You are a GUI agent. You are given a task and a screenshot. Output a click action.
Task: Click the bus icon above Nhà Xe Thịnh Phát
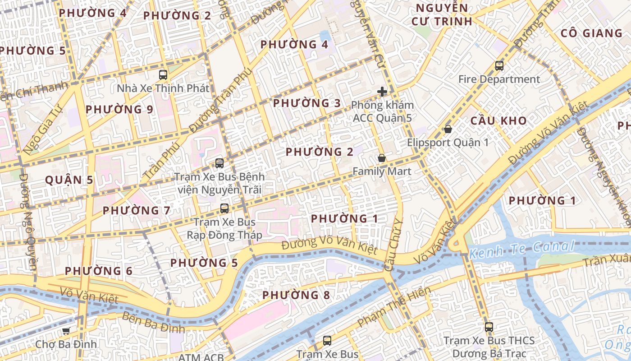click(163, 75)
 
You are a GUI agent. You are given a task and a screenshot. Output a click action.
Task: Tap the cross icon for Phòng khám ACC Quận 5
click(382, 92)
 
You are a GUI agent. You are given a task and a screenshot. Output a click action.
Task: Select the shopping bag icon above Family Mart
click(382, 158)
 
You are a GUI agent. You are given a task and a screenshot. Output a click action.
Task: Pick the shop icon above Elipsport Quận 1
click(448, 129)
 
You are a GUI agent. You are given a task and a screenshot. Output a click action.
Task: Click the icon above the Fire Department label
click(499, 66)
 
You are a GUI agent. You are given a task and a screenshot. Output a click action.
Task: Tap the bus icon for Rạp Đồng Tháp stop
click(224, 208)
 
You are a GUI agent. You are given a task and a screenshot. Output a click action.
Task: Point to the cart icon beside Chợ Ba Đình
click(66, 331)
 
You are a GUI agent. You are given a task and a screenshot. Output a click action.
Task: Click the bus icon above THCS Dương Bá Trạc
click(489, 327)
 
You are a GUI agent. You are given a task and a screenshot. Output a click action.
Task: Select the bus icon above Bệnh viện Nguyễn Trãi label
click(219, 163)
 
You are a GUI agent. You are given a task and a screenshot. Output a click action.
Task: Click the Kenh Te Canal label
click(522, 249)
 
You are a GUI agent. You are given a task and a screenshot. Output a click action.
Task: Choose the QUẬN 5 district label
click(69, 180)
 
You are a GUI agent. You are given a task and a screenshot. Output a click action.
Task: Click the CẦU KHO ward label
click(498, 120)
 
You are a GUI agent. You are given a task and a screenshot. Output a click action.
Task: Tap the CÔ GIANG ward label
click(591, 33)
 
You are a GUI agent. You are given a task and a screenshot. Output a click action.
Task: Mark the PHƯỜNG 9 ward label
click(119, 109)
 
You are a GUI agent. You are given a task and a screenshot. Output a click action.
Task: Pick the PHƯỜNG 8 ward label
click(296, 295)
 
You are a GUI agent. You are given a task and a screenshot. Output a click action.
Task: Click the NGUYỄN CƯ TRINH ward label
click(442, 14)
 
